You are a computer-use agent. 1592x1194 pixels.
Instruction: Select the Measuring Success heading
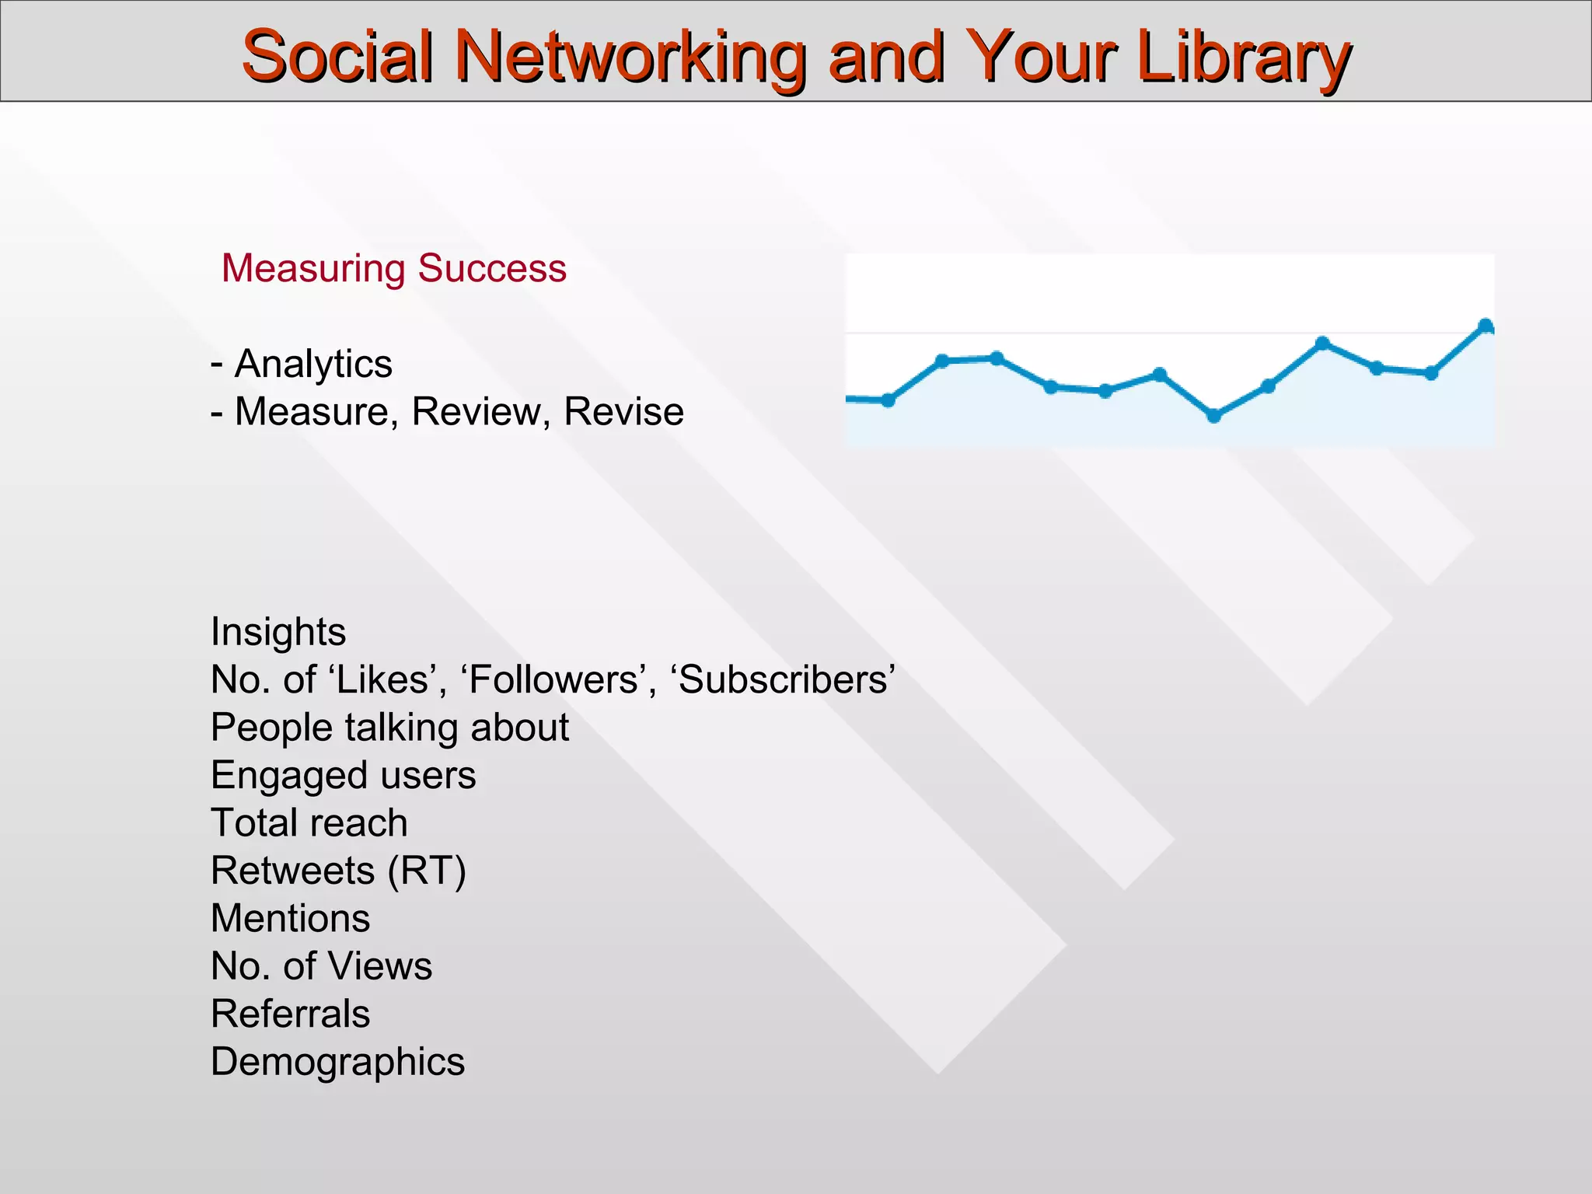tap(394, 269)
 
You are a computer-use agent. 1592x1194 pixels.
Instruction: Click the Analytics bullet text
tap(313, 364)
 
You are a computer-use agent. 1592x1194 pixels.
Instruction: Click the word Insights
tap(278, 632)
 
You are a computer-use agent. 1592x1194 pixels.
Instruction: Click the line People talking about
tap(389, 728)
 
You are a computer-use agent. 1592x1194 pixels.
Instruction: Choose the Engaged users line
tap(343, 776)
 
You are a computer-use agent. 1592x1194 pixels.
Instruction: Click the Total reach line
tap(309, 823)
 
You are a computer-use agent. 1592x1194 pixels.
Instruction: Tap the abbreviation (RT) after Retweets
tap(427, 871)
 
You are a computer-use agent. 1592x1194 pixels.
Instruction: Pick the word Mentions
tap(290, 919)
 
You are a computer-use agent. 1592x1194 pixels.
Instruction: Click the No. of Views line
tap(321, 967)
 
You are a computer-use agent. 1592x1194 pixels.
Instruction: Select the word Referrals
tap(290, 1014)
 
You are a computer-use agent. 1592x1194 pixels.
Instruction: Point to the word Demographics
tap(337, 1063)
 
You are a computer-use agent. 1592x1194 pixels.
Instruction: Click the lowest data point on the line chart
tap(1214, 416)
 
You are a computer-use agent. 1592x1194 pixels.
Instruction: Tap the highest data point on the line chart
tap(1486, 325)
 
